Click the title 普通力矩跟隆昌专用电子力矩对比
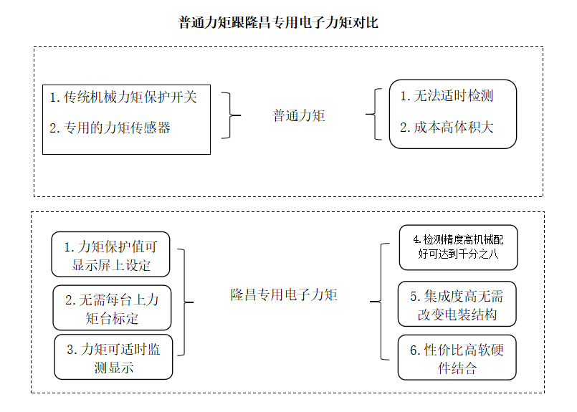(x=278, y=22)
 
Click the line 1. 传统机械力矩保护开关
(x=123, y=97)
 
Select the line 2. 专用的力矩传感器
(x=110, y=128)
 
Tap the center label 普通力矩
(x=299, y=115)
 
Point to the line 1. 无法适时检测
(x=447, y=95)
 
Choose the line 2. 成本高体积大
(x=447, y=128)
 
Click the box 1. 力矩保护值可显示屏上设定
(x=110, y=254)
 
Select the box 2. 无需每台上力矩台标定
(x=112, y=307)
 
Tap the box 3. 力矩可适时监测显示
(x=113, y=357)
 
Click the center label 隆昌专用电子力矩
(x=284, y=294)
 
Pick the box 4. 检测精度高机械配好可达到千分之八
(x=459, y=247)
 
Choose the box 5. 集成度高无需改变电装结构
(x=457, y=304)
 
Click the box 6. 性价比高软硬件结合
(x=457, y=358)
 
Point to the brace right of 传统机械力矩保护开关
(x=230, y=115)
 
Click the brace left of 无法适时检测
(x=375, y=114)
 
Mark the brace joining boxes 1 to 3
(x=184, y=302)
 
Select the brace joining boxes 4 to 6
(x=381, y=302)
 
